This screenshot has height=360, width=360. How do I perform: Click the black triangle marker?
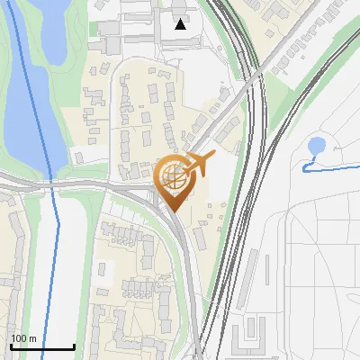(x=181, y=24)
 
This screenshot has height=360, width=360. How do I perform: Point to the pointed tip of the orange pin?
(x=172, y=211)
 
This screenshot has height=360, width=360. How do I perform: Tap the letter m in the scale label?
(x=32, y=338)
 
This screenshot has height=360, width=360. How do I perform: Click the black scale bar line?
(x=41, y=347)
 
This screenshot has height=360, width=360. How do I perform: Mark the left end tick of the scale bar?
(x=10, y=346)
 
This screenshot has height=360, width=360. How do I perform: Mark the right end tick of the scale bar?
(x=74, y=346)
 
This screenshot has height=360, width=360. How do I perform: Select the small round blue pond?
(x=317, y=146)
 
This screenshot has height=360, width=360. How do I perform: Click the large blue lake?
(x=27, y=99)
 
